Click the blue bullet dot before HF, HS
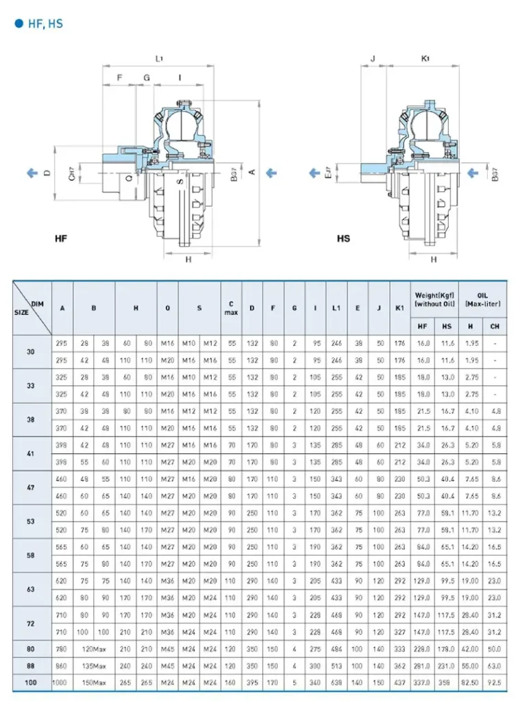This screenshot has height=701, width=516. coord(19,23)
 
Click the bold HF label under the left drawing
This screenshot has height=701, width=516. coord(62,239)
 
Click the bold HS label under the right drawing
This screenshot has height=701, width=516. coord(343,239)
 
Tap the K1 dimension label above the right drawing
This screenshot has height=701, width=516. coord(425,59)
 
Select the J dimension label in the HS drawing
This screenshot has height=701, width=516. coord(373,59)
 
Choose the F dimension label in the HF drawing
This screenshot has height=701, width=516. coord(119,78)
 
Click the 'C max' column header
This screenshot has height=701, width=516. coord(232,308)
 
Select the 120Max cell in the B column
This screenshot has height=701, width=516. coord(94,648)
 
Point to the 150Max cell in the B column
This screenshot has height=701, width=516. coord(94,683)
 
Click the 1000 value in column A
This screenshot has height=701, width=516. coord(62,683)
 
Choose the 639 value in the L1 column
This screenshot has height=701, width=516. coord(336,683)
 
